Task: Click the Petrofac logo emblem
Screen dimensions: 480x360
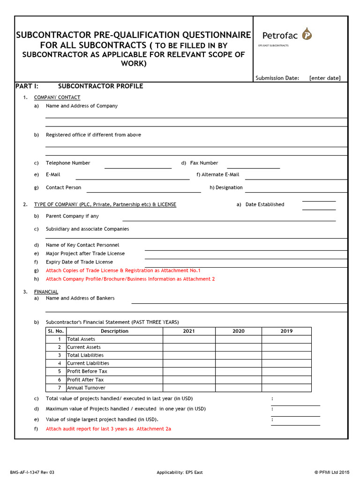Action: click(307, 34)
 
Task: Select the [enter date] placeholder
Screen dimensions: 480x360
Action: click(325, 78)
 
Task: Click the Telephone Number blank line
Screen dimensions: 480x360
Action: click(138, 167)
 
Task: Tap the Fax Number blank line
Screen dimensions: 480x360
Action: click(253, 167)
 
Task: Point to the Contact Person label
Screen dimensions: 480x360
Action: click(63, 187)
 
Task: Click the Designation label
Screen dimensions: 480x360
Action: click(229, 187)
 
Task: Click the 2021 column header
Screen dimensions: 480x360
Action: click(189, 331)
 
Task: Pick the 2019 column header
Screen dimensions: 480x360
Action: click(286, 331)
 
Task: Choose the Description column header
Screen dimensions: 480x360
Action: click(114, 331)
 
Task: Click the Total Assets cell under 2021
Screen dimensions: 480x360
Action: click(189, 339)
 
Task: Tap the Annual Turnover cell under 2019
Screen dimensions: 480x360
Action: click(286, 388)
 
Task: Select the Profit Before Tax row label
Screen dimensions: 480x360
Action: click(87, 371)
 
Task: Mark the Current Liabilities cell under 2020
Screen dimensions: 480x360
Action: click(238, 363)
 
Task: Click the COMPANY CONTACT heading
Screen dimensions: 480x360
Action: click(57, 97)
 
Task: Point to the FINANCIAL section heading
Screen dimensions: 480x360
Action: click(46, 292)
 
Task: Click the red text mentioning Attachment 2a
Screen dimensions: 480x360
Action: click(108, 429)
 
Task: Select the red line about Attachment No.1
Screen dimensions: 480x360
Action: click(123, 270)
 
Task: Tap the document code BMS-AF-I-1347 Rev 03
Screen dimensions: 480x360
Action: click(32, 472)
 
